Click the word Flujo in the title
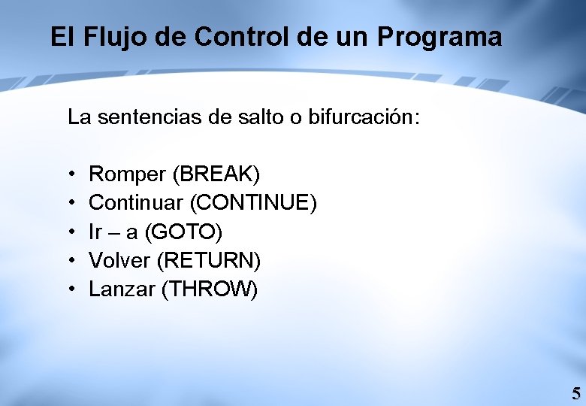(x=107, y=37)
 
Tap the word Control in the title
(x=212, y=37)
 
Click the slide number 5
(x=575, y=393)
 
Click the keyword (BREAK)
(x=216, y=174)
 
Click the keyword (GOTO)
(x=183, y=232)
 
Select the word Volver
(x=119, y=260)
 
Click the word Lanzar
(x=122, y=289)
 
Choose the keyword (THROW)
(x=210, y=289)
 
